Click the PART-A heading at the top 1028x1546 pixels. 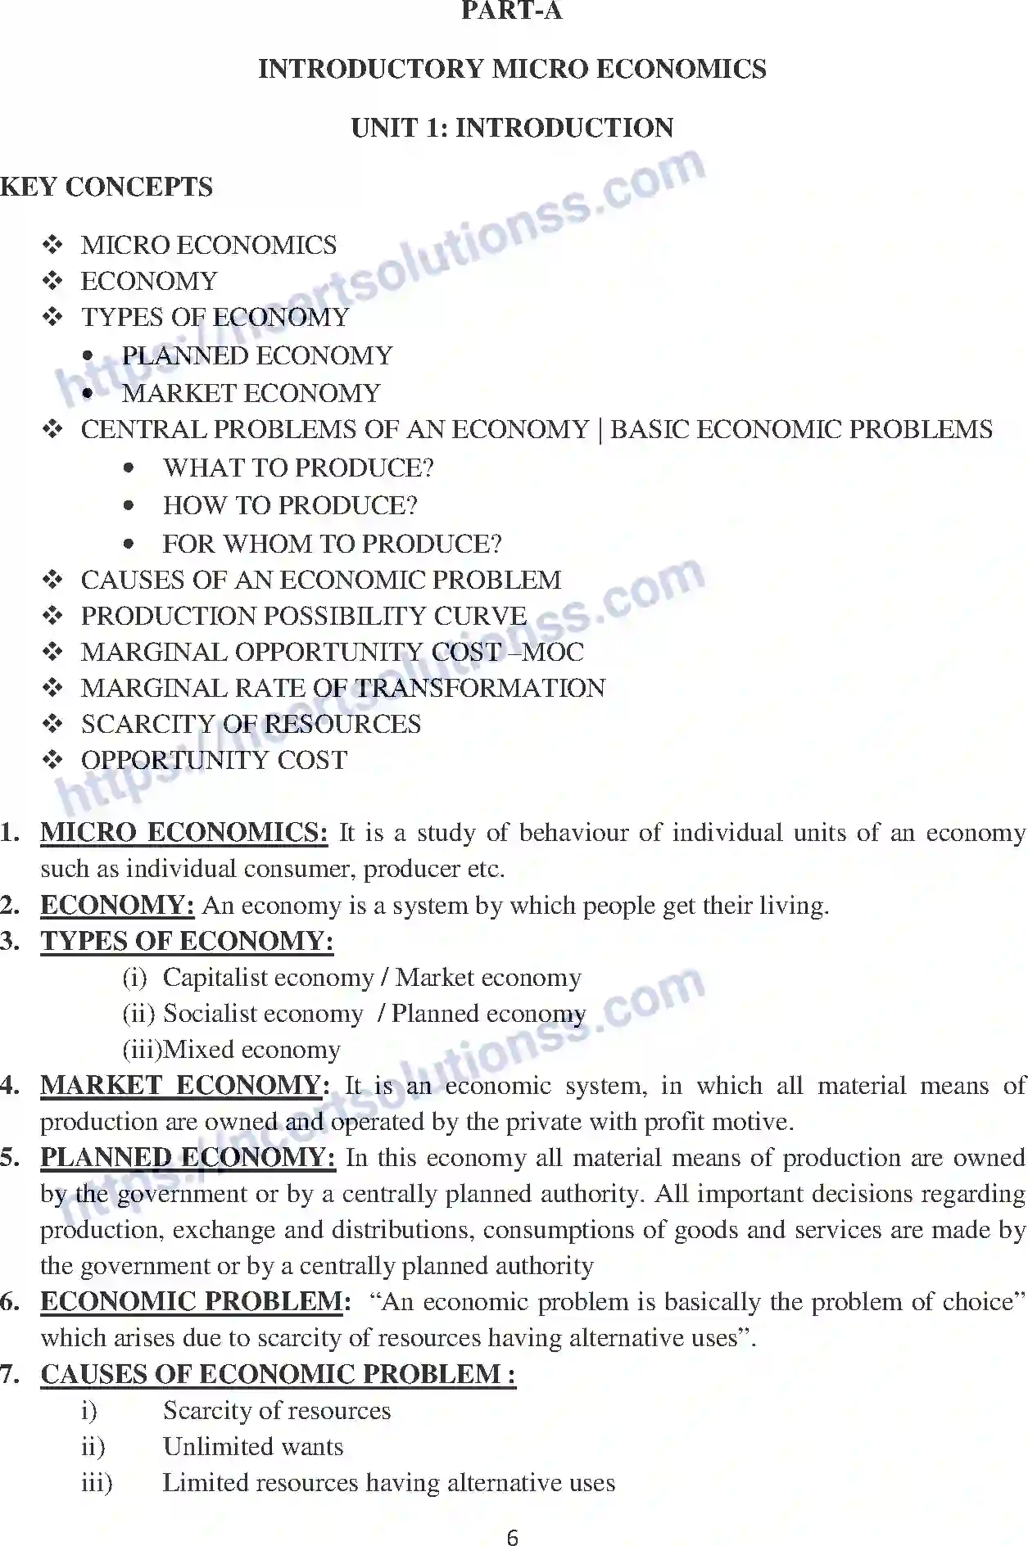click(512, 11)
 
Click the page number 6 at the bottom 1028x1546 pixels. click(513, 1537)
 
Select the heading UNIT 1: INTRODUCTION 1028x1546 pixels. click(512, 128)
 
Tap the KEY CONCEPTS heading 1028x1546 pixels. click(106, 187)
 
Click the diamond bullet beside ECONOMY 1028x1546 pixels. click(53, 281)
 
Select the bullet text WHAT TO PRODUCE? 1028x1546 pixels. click(298, 468)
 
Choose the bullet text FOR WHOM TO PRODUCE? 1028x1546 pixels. click(332, 544)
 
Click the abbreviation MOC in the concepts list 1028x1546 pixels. click(554, 652)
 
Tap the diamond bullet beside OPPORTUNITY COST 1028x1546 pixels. click(53, 760)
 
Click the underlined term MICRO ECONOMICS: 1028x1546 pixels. click(183, 833)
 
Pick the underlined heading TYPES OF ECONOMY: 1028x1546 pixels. click(187, 942)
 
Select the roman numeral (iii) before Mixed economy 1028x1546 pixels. click(142, 1050)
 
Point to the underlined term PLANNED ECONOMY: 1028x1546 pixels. click(188, 1158)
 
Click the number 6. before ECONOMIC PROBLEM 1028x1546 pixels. click(11, 1302)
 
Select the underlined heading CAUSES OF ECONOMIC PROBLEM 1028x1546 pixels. click(278, 1374)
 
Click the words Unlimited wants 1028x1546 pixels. click(253, 1447)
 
